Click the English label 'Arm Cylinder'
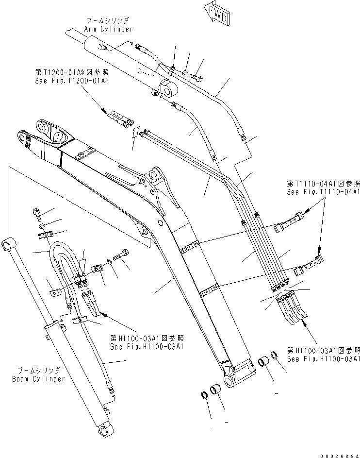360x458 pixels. pyautogui.click(x=108, y=29)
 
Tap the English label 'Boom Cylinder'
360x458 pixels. pyautogui.click(x=38, y=378)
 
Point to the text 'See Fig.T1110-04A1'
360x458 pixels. pyautogui.click(x=323, y=192)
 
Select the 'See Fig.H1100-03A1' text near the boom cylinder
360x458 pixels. pyautogui.click(x=147, y=347)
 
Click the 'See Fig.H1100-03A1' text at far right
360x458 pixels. pyautogui.click(x=323, y=359)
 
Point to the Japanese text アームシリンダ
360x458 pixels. pyautogui.click(x=108, y=21)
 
